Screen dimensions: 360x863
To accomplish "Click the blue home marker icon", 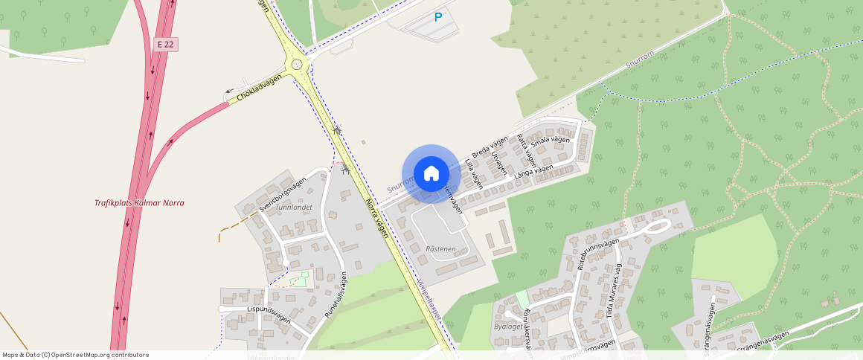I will pos(431,173).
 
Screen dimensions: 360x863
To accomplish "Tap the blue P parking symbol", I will pos(438,17).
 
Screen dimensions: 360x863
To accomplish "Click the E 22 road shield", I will pos(167,45).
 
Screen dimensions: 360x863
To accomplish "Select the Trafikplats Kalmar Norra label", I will pos(139,203).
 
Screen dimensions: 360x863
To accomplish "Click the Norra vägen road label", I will pos(376,217).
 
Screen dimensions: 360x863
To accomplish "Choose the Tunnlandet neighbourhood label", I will pos(293,208).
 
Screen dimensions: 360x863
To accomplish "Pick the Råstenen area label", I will pos(440,248).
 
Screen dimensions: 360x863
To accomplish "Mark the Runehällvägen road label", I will pos(336,295).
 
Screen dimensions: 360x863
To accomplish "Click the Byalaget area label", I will pos(508,327).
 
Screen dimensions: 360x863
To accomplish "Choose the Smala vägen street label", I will pos(551,140).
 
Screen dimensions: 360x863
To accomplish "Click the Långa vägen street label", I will pos(533,170).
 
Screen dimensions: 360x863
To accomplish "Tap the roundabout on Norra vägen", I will pos(298,64).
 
